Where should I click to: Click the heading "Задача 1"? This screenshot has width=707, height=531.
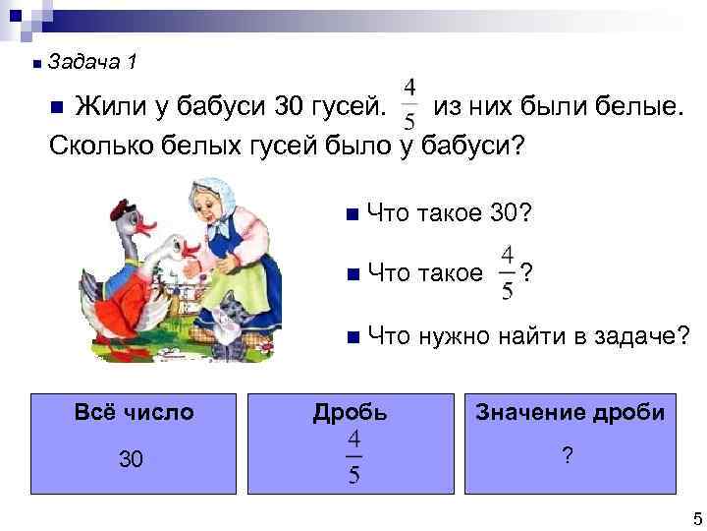tap(91, 63)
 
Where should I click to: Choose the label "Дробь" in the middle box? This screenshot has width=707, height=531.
tap(351, 413)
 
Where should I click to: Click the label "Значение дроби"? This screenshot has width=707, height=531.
tap(571, 413)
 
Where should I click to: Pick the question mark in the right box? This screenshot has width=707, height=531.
tap(567, 455)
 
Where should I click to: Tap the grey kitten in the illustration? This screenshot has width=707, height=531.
tap(232, 324)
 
